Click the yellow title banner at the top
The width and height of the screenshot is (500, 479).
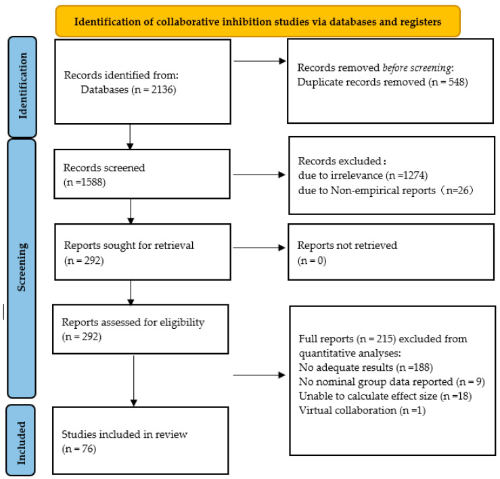click(x=258, y=21)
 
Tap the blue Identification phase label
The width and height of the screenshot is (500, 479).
click(x=22, y=87)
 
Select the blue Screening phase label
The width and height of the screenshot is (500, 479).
click(x=22, y=268)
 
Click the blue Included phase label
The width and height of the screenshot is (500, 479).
click(x=21, y=440)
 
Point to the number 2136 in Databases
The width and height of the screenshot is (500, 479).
click(x=163, y=89)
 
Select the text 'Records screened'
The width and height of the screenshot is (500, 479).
click(x=104, y=168)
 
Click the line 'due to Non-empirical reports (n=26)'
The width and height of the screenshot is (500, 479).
click(x=386, y=190)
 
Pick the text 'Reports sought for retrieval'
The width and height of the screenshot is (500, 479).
click(x=129, y=246)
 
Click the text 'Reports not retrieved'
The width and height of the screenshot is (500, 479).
click(x=347, y=246)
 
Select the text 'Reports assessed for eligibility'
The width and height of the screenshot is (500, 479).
click(x=133, y=323)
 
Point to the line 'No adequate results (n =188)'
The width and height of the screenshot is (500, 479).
click(x=366, y=367)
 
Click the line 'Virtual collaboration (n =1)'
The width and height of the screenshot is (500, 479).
click(x=362, y=411)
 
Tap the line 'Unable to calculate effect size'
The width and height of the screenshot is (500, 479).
click(x=368, y=396)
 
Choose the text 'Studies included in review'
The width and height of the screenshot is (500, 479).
click(x=124, y=434)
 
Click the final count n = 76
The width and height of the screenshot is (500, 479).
click(x=78, y=449)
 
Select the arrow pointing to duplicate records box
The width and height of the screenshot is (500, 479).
click(x=260, y=61)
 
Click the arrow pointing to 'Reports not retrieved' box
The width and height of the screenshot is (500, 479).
click(x=259, y=248)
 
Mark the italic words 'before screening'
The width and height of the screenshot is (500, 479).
click(x=417, y=68)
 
